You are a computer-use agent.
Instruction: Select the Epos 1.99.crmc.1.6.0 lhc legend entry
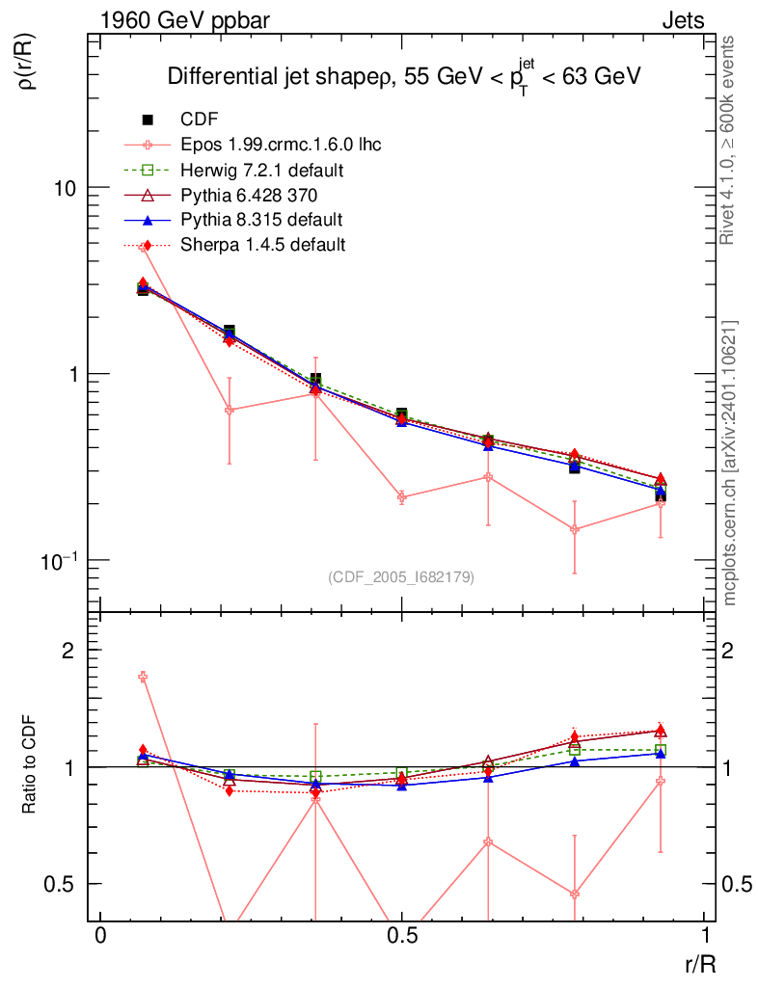(x=281, y=145)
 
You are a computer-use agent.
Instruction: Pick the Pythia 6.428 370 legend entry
(x=255, y=195)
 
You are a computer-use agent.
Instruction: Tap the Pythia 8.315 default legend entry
(x=261, y=220)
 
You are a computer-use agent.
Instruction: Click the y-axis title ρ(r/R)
(x=28, y=62)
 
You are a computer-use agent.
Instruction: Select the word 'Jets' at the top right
(x=682, y=20)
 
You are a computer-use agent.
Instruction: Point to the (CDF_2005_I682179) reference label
(x=401, y=576)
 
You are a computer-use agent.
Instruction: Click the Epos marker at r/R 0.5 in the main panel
(x=402, y=497)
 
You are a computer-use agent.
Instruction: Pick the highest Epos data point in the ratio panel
(x=143, y=677)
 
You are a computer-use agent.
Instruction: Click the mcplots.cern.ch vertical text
(x=731, y=463)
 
